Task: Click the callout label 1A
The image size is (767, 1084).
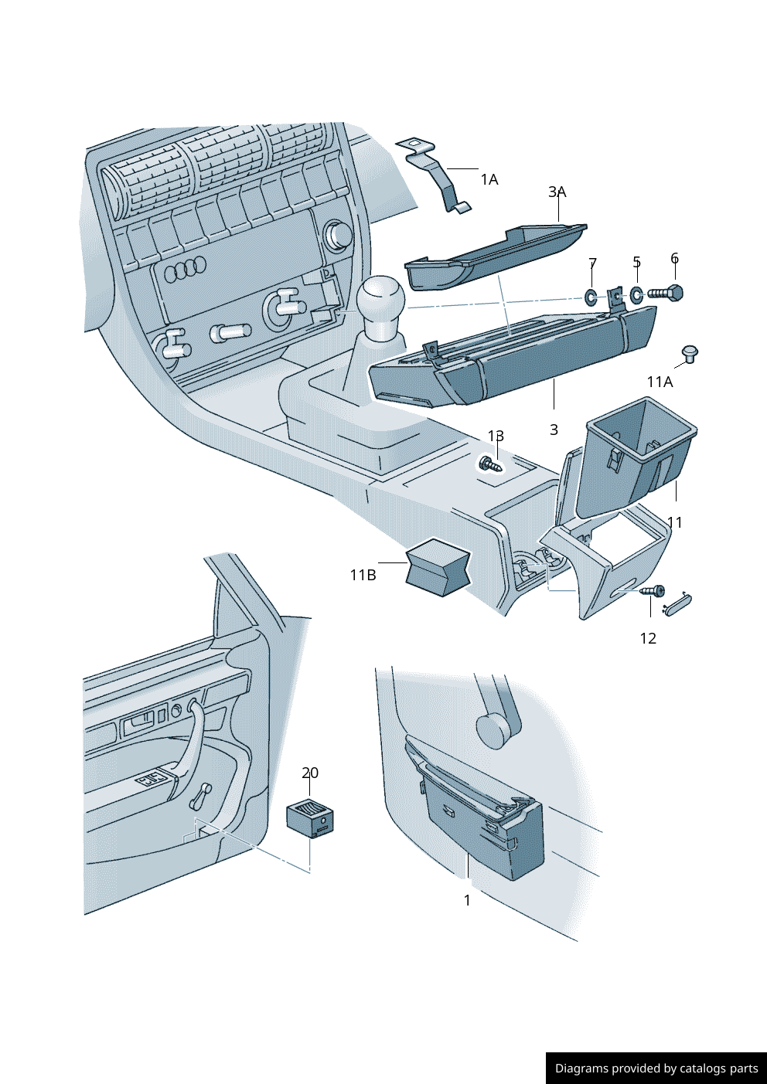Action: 489,180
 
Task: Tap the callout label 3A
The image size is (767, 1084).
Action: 557,192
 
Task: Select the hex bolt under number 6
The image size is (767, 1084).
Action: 667,293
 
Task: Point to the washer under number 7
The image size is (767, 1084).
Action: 591,297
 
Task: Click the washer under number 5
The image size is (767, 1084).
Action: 636,294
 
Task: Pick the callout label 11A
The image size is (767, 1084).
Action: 660,382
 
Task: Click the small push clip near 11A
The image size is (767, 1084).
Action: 690,354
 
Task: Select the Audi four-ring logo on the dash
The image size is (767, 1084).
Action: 186,269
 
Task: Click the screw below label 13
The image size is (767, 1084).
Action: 489,464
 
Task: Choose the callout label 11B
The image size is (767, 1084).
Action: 363,575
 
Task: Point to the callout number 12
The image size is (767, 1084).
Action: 648,638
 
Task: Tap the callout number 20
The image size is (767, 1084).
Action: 310,773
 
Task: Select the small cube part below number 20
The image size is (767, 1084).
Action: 310,818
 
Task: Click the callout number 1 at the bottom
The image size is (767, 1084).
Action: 467,900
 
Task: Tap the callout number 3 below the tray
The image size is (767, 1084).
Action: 554,430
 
